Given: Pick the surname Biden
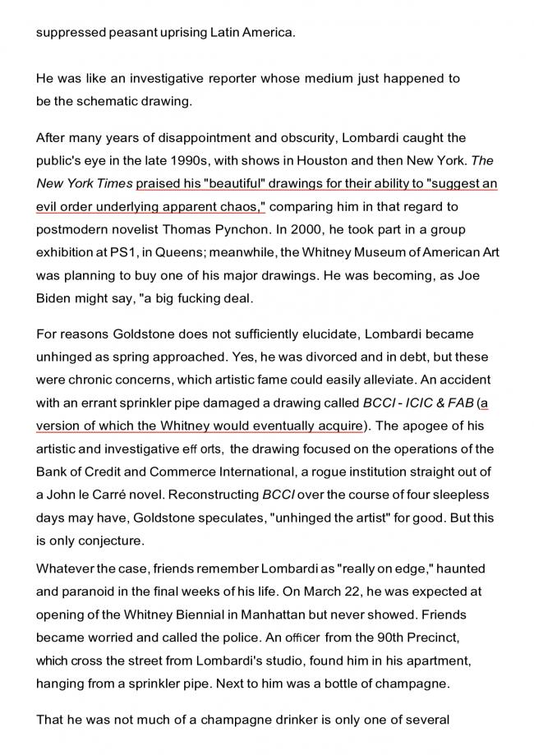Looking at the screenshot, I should [56, 298].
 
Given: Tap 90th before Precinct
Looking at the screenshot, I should [372, 635].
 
